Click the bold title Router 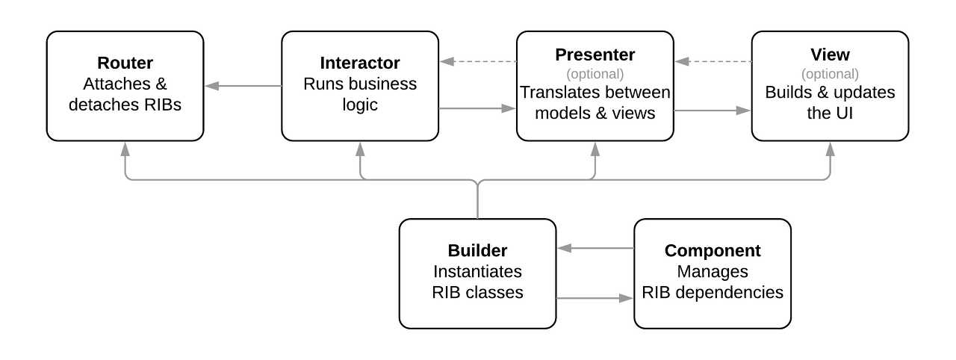[x=125, y=63]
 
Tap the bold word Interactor [x=360, y=63]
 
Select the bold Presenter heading [x=595, y=55]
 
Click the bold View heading [x=830, y=55]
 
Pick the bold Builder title [x=477, y=251]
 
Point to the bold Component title [x=713, y=251]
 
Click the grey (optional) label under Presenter [x=595, y=74]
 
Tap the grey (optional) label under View [x=830, y=74]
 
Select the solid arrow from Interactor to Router [x=243, y=86]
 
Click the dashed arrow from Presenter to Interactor [x=478, y=61]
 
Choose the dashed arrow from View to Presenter [x=713, y=61]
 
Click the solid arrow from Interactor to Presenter [x=477, y=108]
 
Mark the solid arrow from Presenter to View [x=713, y=111]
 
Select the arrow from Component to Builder [x=595, y=248]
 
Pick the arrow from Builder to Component [x=595, y=298]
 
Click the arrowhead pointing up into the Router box [x=125, y=149]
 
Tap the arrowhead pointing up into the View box [x=830, y=149]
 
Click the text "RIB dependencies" [x=713, y=293]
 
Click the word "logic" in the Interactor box [x=360, y=105]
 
